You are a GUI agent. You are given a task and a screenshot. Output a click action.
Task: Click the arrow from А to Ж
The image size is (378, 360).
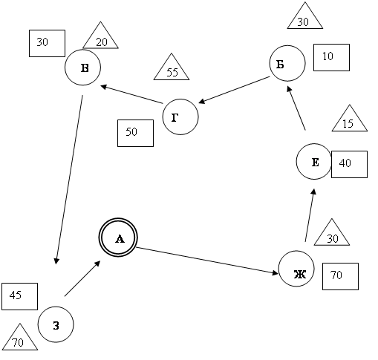tap(207, 261)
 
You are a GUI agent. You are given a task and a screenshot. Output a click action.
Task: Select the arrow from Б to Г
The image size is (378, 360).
tap(234, 90)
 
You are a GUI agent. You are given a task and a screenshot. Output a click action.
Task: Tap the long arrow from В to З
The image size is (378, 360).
tap(69, 180)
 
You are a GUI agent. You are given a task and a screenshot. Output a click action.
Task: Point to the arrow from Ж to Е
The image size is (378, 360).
tap(310, 215)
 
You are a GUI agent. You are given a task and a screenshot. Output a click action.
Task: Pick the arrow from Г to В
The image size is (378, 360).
tap(131, 94)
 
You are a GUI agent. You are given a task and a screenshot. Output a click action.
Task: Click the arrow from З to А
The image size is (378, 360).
tap(82, 278)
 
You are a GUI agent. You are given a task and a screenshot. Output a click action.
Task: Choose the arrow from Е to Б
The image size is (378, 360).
tap(296, 108)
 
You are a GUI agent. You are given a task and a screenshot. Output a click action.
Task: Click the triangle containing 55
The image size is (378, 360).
tap(172, 67)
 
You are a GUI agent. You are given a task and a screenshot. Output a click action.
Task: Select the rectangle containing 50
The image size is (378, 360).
tap(135, 134)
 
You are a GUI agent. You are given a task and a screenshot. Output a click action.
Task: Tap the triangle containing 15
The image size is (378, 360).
tap(350, 118)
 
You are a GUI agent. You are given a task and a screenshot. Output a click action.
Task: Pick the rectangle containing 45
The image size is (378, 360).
tap(19, 296)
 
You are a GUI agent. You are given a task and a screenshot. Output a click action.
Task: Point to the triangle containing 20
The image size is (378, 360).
tap(100, 35)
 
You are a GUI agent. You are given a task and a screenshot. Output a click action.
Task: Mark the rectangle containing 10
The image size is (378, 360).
tap(331, 58)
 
